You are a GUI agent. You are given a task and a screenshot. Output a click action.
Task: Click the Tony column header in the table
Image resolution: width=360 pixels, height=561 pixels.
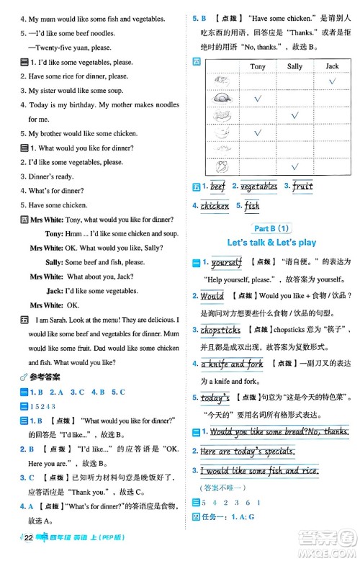(257, 66)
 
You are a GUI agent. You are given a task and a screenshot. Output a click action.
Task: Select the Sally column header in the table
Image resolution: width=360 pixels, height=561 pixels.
(294, 66)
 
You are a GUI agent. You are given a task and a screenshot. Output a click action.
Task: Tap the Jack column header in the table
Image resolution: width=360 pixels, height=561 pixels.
(332, 66)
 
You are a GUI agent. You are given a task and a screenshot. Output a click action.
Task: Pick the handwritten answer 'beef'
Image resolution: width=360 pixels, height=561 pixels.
(217, 187)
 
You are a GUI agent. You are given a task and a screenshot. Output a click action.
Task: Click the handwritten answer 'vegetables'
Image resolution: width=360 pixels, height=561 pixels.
(258, 187)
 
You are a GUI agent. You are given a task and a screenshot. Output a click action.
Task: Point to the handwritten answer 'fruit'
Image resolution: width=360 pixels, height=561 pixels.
(302, 187)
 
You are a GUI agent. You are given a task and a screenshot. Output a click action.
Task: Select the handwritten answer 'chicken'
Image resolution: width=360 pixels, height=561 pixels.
(215, 205)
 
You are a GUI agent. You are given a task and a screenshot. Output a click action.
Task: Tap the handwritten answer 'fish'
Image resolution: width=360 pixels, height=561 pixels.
(252, 205)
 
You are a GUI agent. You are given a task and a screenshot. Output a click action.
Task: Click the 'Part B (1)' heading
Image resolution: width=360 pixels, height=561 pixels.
(270, 228)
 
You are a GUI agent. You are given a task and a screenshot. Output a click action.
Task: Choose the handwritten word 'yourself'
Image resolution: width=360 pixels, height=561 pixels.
(227, 263)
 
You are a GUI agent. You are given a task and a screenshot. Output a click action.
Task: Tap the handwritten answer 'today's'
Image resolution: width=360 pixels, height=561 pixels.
(215, 398)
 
